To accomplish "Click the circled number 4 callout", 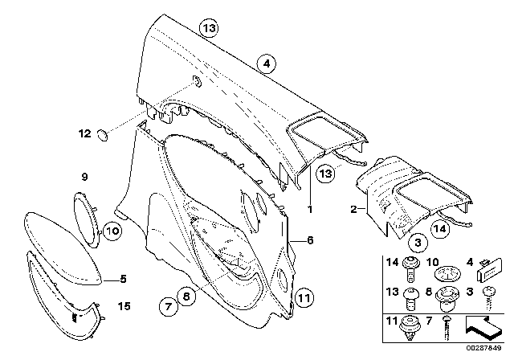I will [266, 62].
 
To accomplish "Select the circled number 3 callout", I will [418, 242].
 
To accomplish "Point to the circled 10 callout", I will [112, 231].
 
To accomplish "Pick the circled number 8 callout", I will [186, 296].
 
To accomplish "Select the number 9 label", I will [84, 176].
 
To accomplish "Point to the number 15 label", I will [124, 306].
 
